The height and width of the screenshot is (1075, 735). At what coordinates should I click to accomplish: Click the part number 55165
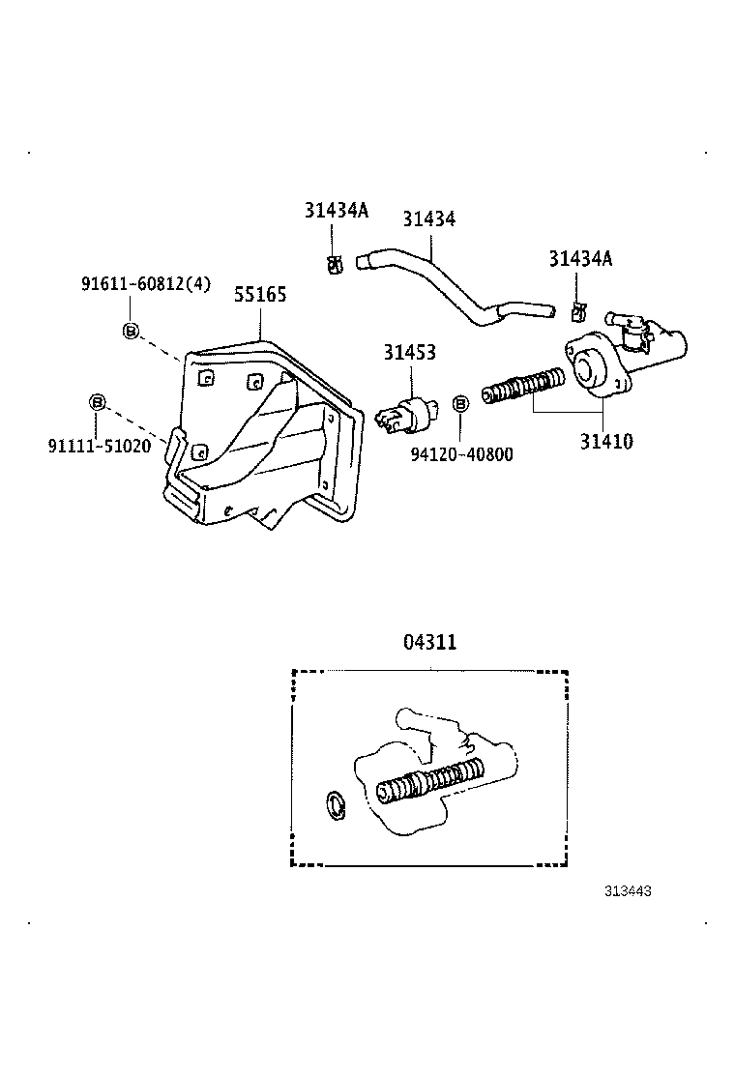pos(260,294)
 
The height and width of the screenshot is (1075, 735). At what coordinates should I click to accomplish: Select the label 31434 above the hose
pos(428,220)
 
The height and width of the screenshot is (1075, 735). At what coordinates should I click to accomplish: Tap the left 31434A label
pos(337,211)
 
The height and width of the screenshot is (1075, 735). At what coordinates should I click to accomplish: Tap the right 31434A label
pos(580,258)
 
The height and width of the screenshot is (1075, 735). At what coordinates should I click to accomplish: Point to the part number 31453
pos(409,353)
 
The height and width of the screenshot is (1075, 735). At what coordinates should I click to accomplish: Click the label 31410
pos(606,442)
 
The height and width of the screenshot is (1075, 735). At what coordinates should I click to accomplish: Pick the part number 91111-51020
pos(100,446)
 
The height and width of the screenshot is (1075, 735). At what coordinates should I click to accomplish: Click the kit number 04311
pos(429,641)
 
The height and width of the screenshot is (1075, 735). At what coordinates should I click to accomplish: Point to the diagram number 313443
pos(628,891)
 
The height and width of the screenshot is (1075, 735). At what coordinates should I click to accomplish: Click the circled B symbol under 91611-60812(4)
pos(130,332)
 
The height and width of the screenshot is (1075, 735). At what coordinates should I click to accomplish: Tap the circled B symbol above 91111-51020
pos(97,402)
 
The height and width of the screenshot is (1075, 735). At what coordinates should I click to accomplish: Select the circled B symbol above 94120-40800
pos(460,402)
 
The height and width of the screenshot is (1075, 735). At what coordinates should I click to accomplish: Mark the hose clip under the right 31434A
pos(578,311)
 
